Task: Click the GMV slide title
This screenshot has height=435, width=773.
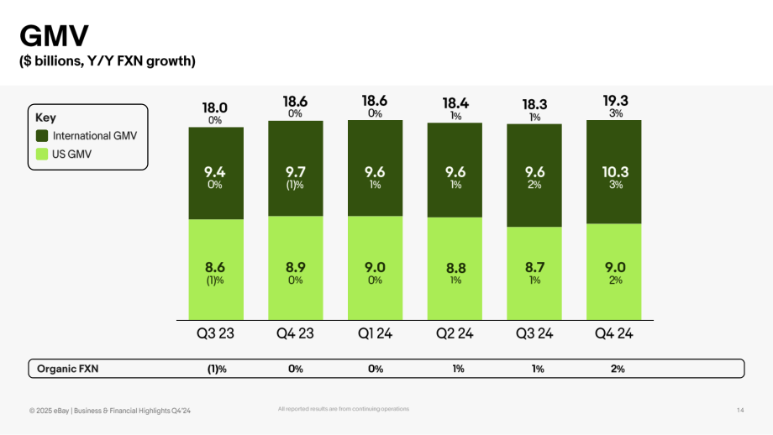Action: tap(55, 36)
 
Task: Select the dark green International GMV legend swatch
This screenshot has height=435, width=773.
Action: tap(42, 135)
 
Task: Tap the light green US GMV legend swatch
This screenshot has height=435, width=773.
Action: tap(42, 155)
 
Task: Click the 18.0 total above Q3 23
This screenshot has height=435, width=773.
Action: tap(215, 107)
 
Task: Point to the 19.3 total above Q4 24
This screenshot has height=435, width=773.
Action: tap(616, 101)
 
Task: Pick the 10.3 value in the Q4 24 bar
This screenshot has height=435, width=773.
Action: tap(615, 172)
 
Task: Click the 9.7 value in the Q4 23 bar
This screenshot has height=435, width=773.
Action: tap(295, 172)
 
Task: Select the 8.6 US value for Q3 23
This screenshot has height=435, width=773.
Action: tap(215, 268)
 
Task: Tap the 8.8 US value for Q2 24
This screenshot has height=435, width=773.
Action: tap(456, 268)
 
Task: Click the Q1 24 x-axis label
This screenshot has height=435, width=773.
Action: tap(376, 333)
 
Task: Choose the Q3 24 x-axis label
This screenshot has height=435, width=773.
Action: tap(534, 333)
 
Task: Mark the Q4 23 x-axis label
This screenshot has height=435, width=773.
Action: tap(295, 333)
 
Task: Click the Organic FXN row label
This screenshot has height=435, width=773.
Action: tap(67, 369)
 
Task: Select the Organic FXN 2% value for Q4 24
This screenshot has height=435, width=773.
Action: tap(618, 369)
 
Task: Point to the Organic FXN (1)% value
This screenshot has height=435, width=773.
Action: tap(217, 369)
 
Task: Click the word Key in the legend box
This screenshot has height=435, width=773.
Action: tap(45, 118)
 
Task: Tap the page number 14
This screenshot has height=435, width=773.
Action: tap(740, 410)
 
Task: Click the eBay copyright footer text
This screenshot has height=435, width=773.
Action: tap(110, 411)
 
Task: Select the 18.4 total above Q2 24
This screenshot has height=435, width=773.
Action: tap(455, 103)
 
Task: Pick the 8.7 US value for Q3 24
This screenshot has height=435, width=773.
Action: tap(535, 268)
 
